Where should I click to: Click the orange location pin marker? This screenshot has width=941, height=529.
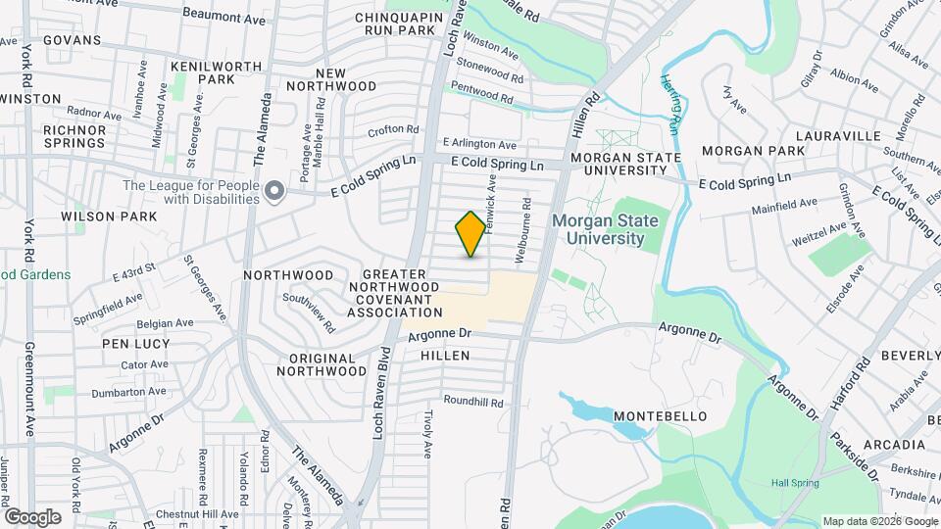[x=470, y=234]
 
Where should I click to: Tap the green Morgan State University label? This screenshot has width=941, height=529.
[x=604, y=228]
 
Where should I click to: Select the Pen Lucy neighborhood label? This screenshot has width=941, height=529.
[x=136, y=344]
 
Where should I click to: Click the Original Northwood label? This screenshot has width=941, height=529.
[x=321, y=363]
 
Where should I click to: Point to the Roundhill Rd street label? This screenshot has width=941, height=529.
[x=473, y=402]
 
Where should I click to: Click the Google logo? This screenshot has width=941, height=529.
[x=31, y=516]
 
